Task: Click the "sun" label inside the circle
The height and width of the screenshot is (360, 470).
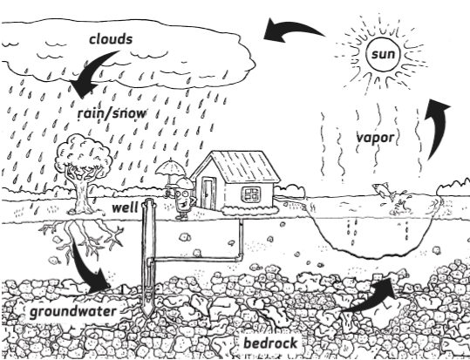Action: coord(383,56)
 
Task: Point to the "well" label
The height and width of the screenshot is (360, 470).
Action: coord(126,209)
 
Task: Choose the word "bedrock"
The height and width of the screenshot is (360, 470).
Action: coord(270,343)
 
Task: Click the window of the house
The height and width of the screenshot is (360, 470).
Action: coord(252,193)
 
